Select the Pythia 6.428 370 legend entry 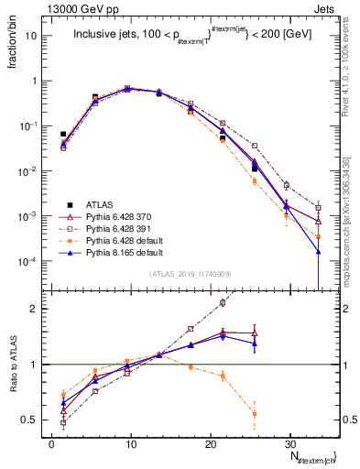tap(115, 216)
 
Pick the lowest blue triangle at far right tap(318, 251)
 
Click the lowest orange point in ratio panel tap(255, 414)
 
